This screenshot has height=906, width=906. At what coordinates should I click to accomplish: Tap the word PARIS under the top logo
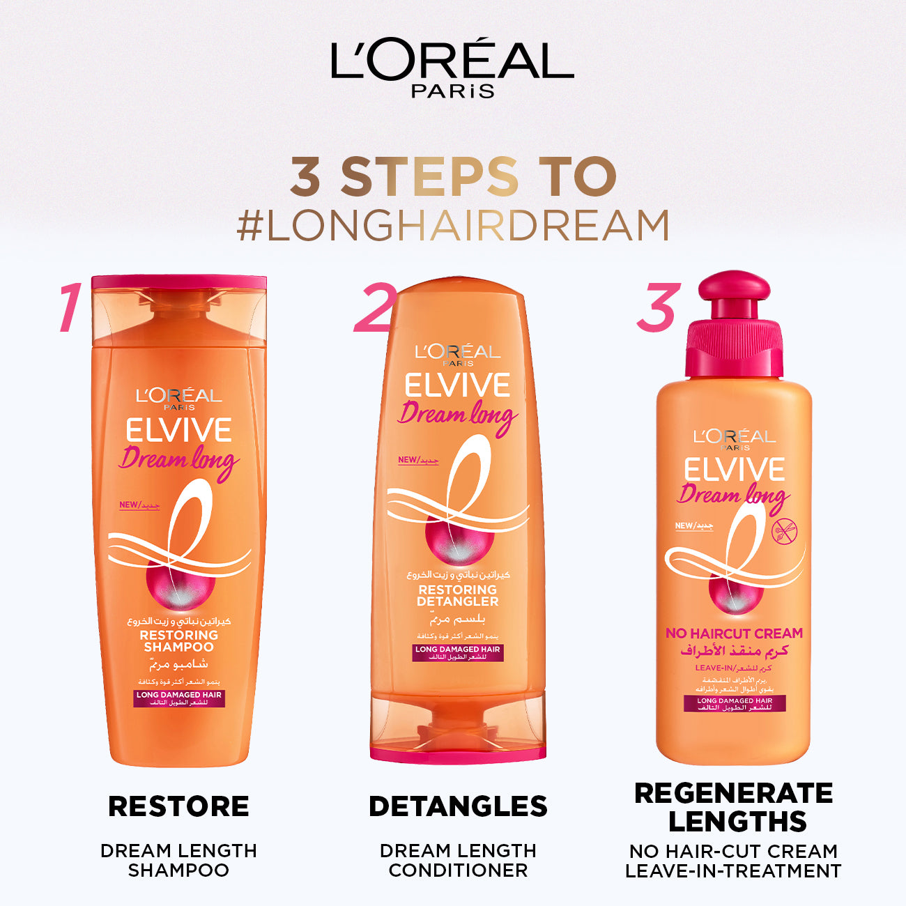click(x=452, y=91)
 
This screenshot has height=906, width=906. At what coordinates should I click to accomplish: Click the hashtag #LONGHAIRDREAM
click(x=453, y=225)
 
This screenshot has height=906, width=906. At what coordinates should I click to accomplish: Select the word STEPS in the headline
click(x=429, y=177)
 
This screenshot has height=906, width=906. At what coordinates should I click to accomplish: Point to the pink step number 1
click(x=70, y=307)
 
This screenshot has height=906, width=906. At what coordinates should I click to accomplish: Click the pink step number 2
click(x=375, y=307)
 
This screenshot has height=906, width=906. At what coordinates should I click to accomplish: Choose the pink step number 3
click(x=657, y=307)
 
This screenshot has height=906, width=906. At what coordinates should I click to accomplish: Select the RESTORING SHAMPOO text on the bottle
click(x=179, y=640)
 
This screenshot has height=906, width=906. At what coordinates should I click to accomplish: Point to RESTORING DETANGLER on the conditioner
click(x=458, y=595)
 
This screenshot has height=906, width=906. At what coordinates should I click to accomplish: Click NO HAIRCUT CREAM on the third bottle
click(x=734, y=634)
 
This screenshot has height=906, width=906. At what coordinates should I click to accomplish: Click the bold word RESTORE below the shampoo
click(x=178, y=806)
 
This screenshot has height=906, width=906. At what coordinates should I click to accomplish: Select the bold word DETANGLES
click(x=458, y=806)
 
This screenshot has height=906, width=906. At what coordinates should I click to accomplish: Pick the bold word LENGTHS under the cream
click(x=737, y=822)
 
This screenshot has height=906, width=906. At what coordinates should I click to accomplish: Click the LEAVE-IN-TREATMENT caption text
click(x=733, y=871)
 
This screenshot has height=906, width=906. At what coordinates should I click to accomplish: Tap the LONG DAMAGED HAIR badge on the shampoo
click(x=179, y=698)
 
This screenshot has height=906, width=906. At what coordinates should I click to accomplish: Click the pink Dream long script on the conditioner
click(x=457, y=416)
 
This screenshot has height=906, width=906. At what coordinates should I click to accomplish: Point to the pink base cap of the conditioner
click(x=458, y=753)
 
